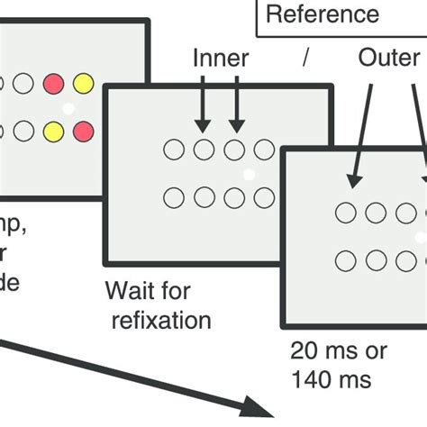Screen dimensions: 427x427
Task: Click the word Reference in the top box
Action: tap(323, 14)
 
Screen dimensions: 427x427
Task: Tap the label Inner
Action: tap(219, 59)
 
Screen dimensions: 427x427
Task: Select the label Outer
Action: tap(389, 59)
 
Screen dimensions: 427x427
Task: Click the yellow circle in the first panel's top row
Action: tap(83, 85)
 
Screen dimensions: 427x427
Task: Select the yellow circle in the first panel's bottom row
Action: tap(54, 132)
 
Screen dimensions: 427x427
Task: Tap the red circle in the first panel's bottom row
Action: tap(83, 132)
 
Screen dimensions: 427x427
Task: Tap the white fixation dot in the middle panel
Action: tap(250, 173)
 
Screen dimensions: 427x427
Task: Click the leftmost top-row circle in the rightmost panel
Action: tap(345, 213)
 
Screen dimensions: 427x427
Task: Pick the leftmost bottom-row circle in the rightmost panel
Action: tap(345, 261)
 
